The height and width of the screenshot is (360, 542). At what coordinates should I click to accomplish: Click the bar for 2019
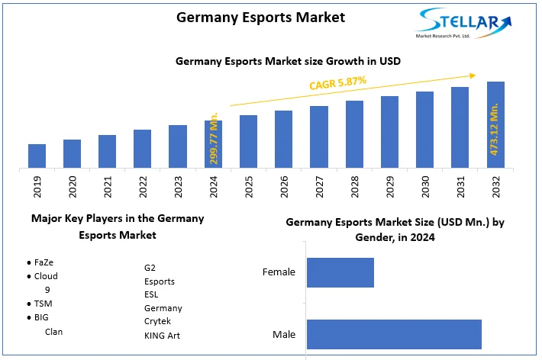coord(37,156)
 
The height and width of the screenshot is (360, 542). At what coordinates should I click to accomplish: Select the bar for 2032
coord(495,124)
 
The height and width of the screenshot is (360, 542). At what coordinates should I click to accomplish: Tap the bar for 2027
coord(319,137)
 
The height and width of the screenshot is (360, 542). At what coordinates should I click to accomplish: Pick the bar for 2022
coord(143,149)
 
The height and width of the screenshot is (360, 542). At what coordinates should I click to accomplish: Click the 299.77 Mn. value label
coord(215,137)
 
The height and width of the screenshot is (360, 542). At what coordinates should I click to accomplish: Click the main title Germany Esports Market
coord(250,16)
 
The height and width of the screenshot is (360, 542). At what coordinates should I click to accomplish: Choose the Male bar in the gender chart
coord(394,335)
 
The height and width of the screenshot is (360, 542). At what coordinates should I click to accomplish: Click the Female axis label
coord(279,272)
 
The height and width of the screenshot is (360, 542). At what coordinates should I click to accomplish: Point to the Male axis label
coord(284,335)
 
